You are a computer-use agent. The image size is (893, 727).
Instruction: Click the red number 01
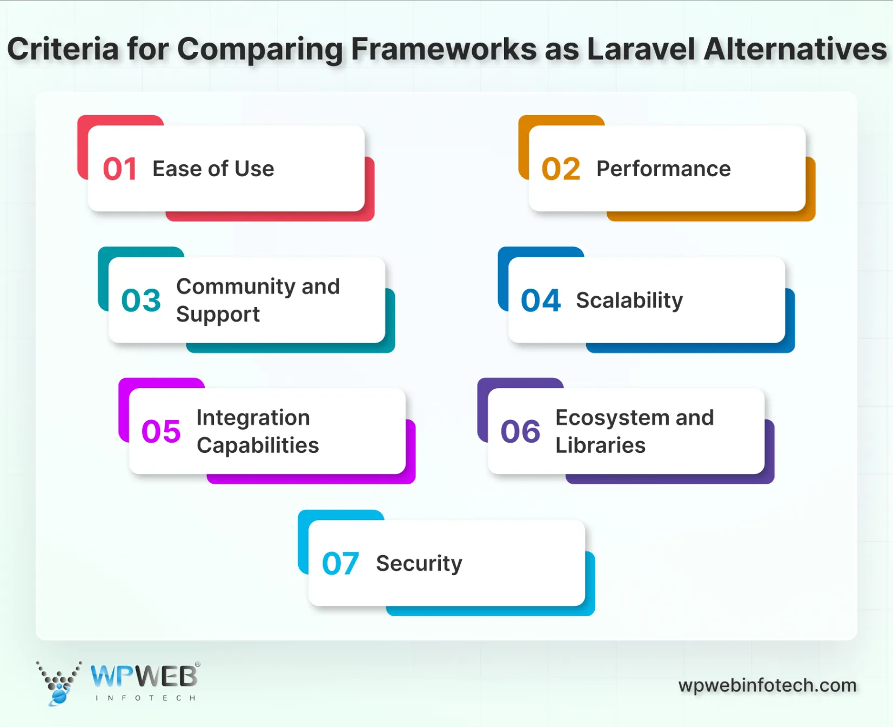click(119, 169)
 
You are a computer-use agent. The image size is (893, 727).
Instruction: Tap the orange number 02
click(561, 169)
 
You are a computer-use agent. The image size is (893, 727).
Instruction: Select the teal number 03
click(141, 301)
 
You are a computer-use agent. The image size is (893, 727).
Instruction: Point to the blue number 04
click(541, 301)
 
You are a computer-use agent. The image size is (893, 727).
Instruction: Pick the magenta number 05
click(161, 431)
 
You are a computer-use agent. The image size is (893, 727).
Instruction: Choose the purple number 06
click(520, 431)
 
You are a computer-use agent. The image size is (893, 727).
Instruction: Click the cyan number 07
click(340, 564)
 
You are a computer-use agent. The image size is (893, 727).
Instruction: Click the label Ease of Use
click(213, 169)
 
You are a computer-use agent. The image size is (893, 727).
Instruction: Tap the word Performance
click(663, 169)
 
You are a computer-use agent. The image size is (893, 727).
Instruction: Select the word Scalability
click(629, 301)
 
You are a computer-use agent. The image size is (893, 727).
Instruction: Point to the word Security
click(419, 564)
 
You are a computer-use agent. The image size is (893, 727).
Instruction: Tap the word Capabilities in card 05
click(258, 445)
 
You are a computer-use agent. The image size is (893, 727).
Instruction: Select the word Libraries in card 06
click(600, 445)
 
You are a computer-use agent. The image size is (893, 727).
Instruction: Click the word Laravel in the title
click(641, 49)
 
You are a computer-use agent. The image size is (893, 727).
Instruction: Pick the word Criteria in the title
click(63, 49)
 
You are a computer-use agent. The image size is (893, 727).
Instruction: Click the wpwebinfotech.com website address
click(767, 685)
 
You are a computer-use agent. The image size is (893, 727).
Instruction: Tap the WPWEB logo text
click(144, 676)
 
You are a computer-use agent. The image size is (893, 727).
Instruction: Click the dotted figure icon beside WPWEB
click(58, 683)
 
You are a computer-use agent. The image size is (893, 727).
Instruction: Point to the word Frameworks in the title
click(444, 49)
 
